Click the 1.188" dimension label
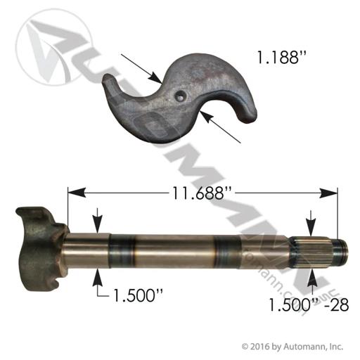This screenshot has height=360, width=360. pos(282,57)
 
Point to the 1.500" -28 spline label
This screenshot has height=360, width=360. pos(309,304)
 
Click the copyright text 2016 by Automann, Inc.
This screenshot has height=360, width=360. pos(292,347)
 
